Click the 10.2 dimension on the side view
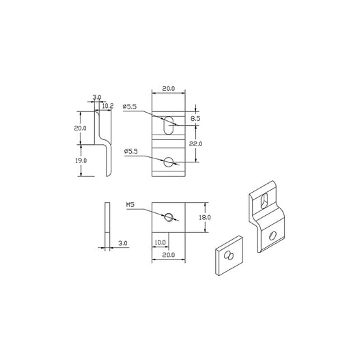[x=107, y=106]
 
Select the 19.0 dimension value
[x=81, y=160]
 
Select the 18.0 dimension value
[x=204, y=216]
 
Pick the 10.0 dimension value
[x=160, y=242]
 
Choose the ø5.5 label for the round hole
[x=131, y=150]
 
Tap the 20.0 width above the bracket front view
[x=168, y=88]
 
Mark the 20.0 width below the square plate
[x=168, y=254]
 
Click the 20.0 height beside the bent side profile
[x=81, y=128]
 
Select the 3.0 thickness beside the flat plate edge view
[x=122, y=242]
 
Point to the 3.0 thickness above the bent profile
[x=97, y=98]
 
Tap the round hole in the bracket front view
[x=168, y=162]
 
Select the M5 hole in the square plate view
[x=168, y=216]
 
